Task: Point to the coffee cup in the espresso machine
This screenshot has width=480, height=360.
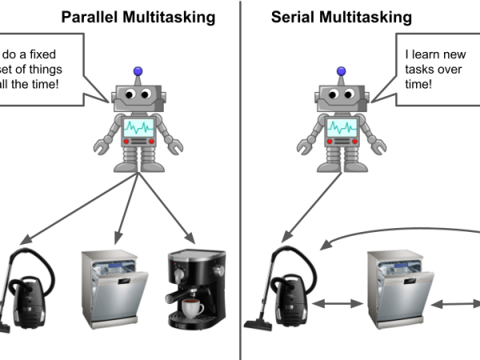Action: [193, 307]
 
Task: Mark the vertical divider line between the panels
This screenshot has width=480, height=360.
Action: [241, 180]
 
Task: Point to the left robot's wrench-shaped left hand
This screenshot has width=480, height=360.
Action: [102, 147]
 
